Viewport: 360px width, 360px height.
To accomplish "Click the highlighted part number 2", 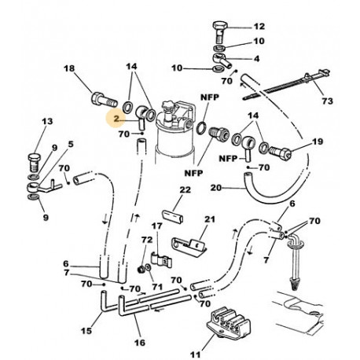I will pyautogui.click(x=116, y=119).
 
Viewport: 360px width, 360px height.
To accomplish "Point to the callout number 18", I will pyautogui.click(x=68, y=70).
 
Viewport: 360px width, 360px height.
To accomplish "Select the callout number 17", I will pyautogui.click(x=156, y=226).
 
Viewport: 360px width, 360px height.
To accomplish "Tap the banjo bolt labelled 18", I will pyautogui.click(x=101, y=100).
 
